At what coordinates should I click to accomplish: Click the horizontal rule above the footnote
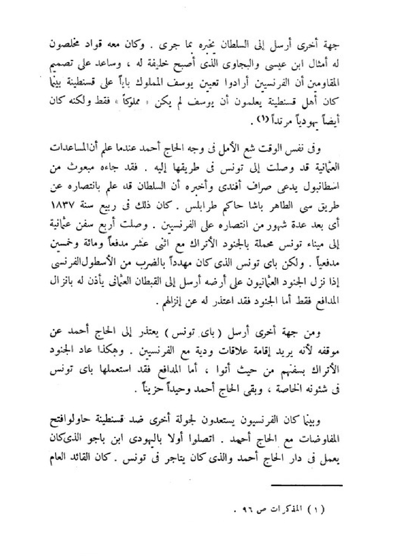point(306,485)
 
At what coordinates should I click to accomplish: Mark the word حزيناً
point(151,389)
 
